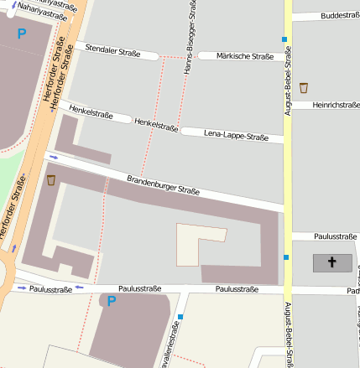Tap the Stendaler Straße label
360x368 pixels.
[x=112, y=51]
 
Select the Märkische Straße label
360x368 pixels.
[x=245, y=56]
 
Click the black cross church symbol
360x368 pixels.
[x=332, y=263]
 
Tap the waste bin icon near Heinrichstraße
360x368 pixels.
[x=304, y=87]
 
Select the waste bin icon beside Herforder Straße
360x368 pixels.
[x=51, y=180]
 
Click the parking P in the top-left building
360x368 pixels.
[x=22, y=34]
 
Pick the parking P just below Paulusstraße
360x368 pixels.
[x=112, y=301]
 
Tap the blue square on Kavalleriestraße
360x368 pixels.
[x=180, y=317]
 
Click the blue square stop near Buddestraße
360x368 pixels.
[x=285, y=39]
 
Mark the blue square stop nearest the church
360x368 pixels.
[x=286, y=257]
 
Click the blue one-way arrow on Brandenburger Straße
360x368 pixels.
[x=54, y=157]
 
